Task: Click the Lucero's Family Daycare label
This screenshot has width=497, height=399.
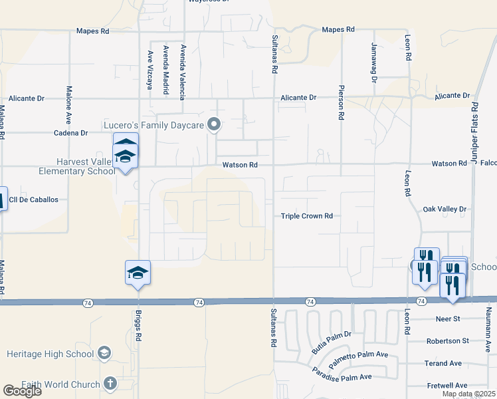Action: pyautogui.click(x=154, y=124)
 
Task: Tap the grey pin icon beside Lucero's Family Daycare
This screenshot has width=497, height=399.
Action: pyautogui.click(x=214, y=124)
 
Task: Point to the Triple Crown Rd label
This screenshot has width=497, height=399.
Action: pyautogui.click(x=306, y=216)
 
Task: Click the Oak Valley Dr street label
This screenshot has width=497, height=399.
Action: pyautogui.click(x=445, y=209)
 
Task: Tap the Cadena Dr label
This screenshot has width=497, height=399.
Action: pyautogui.click(x=71, y=133)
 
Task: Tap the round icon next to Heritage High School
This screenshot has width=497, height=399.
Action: pyautogui.click(x=104, y=352)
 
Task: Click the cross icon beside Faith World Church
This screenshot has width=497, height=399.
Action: pyautogui.click(x=110, y=384)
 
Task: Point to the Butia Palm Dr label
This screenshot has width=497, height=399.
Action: pyautogui.click(x=331, y=342)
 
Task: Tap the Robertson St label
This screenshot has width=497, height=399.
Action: pyautogui.click(x=447, y=340)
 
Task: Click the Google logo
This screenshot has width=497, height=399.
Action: pyautogui.click(x=22, y=391)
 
